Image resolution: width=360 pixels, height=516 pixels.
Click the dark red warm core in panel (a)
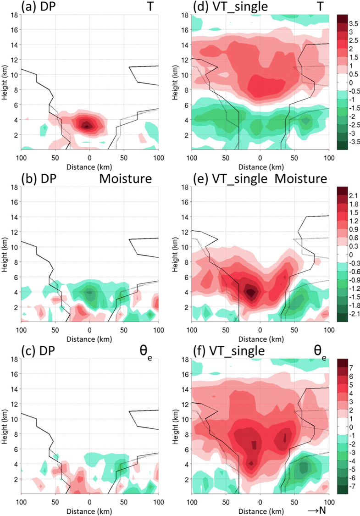tap(86, 124)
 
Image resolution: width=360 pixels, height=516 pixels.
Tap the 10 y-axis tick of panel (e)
tap(185, 247)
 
